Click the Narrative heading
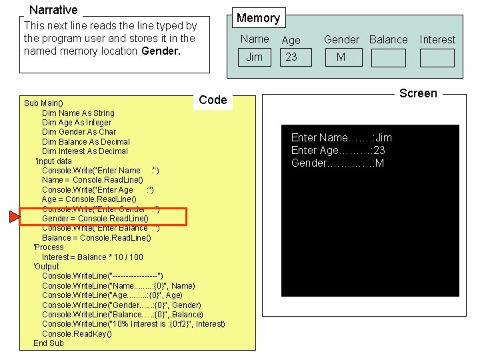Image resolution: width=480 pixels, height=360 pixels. pos(53,10)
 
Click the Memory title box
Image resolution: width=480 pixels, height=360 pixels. pos(258,18)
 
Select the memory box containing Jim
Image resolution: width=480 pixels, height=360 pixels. pos(255,57)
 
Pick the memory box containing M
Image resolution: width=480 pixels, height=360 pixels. pos(341,57)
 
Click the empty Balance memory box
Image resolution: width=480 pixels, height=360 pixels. pos(388,58)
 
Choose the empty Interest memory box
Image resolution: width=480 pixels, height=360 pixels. pos(437,58)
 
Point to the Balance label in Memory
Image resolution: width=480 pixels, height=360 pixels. pos(388,40)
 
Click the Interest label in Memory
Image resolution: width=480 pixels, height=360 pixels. pos(437,40)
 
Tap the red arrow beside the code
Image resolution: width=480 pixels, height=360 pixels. pos(13,217)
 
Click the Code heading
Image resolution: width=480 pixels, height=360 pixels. pos(213,100)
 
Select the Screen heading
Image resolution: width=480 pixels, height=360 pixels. pos(418,93)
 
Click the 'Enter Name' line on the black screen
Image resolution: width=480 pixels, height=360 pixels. pos(341,138)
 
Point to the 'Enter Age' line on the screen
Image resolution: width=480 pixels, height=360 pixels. pos(338,151)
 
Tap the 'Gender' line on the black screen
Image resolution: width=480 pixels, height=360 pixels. pos(337,163)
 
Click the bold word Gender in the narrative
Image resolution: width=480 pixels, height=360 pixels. pos(161,51)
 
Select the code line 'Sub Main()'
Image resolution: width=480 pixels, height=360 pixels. pos(43,103)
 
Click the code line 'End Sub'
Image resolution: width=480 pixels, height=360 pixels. pos(49,343)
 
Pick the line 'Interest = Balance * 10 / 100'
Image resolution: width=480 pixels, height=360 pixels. pos(92,257)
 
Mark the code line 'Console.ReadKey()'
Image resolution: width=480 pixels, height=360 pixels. pos(77,334)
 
